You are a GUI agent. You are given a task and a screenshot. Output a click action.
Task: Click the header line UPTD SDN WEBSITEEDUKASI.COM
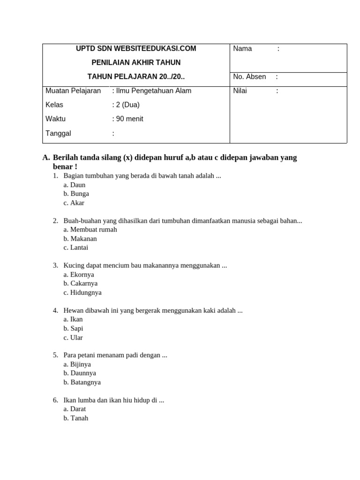tap(136, 49)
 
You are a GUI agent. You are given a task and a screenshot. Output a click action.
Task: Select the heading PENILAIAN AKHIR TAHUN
tap(136, 63)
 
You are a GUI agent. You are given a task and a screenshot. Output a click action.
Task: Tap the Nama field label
tap(242, 49)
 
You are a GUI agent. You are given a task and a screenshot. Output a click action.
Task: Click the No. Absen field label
tap(249, 77)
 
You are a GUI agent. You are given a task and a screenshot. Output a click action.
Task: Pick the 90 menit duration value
tap(129, 119)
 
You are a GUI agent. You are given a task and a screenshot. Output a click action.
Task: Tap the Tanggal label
tap(58, 134)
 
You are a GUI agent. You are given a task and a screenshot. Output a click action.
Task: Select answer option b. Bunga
tap(76, 194)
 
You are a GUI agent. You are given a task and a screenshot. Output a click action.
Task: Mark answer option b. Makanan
tap(80, 239)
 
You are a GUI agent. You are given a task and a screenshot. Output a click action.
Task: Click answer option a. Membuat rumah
tap(90, 230)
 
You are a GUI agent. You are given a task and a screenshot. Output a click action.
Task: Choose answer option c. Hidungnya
tap(82, 292)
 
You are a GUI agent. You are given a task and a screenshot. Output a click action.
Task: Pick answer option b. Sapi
tap(74, 329)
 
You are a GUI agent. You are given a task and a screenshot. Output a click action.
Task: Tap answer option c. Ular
tap(73, 337)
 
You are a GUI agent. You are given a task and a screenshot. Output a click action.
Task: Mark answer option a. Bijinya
tap(77, 364)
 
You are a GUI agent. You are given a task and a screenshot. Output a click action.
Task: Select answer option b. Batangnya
tap(82, 382)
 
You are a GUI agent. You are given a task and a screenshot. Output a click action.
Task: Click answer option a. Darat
tap(75, 409)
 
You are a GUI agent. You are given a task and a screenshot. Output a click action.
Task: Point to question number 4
tap(55, 310)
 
